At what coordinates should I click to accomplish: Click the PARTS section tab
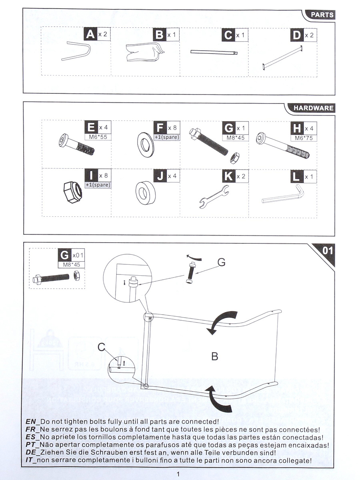click(322, 15)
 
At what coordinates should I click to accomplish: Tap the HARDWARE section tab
click(313, 108)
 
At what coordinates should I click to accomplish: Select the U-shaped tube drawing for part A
click(76, 51)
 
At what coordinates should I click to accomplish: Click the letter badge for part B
click(159, 34)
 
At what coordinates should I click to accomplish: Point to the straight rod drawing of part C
click(214, 52)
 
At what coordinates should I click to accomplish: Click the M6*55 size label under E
click(98, 137)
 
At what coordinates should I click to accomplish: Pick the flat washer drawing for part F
click(145, 145)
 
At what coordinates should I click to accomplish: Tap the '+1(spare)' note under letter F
click(167, 137)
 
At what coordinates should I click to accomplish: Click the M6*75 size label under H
click(304, 138)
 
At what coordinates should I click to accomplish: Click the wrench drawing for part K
click(213, 196)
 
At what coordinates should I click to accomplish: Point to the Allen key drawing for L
click(283, 196)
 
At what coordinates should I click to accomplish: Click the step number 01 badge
click(327, 250)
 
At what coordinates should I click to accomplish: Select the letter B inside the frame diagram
click(214, 356)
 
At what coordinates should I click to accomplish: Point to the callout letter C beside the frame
click(101, 347)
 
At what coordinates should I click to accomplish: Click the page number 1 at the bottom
click(178, 474)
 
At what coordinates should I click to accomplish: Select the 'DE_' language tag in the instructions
click(33, 453)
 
